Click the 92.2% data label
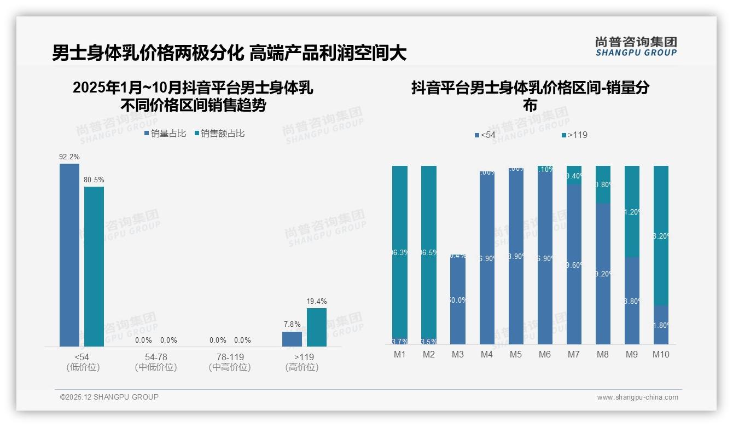click(x=69, y=157)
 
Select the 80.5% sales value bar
click(x=94, y=266)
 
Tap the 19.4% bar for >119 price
click(x=316, y=327)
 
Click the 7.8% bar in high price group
click(x=292, y=339)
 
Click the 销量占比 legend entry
click(x=165, y=133)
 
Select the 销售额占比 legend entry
click(x=219, y=133)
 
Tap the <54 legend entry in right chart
click(x=485, y=135)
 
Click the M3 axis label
click(x=458, y=354)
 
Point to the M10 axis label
click(x=661, y=354)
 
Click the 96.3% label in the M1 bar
click(x=399, y=252)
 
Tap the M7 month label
click(x=573, y=354)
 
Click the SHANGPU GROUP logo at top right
click(x=636, y=47)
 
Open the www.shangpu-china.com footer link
click(x=637, y=397)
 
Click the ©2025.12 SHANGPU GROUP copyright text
click(x=109, y=397)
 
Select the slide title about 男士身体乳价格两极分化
click(x=229, y=53)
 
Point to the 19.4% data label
click(x=316, y=301)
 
